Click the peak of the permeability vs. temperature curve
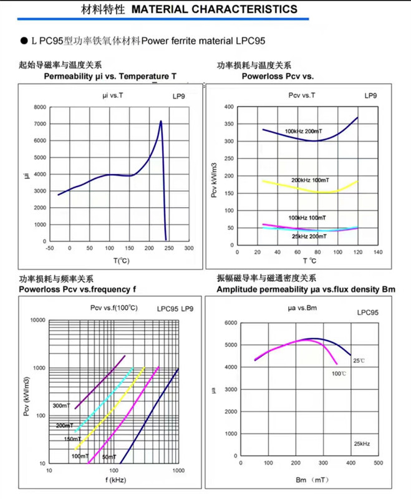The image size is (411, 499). [161, 121]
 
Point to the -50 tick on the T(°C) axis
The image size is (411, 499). [50, 248]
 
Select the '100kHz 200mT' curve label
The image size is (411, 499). [304, 131]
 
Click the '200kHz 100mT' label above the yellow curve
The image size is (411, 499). [309, 180]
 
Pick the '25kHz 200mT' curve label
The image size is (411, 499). [309, 236]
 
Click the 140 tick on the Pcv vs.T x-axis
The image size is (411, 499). [377, 252]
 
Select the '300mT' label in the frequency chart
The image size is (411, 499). [60, 405]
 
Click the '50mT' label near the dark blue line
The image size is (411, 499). [109, 457]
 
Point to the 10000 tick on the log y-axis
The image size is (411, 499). [37, 320]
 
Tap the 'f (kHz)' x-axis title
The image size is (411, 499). [116, 480]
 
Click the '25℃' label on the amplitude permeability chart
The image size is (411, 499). [359, 361]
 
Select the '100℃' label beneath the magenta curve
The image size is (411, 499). [339, 373]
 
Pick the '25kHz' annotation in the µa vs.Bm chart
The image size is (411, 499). [362, 443]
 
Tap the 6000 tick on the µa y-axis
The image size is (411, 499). [230, 323]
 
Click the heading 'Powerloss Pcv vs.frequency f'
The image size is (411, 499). [77, 289]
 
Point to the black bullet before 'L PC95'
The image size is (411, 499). [23, 41]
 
